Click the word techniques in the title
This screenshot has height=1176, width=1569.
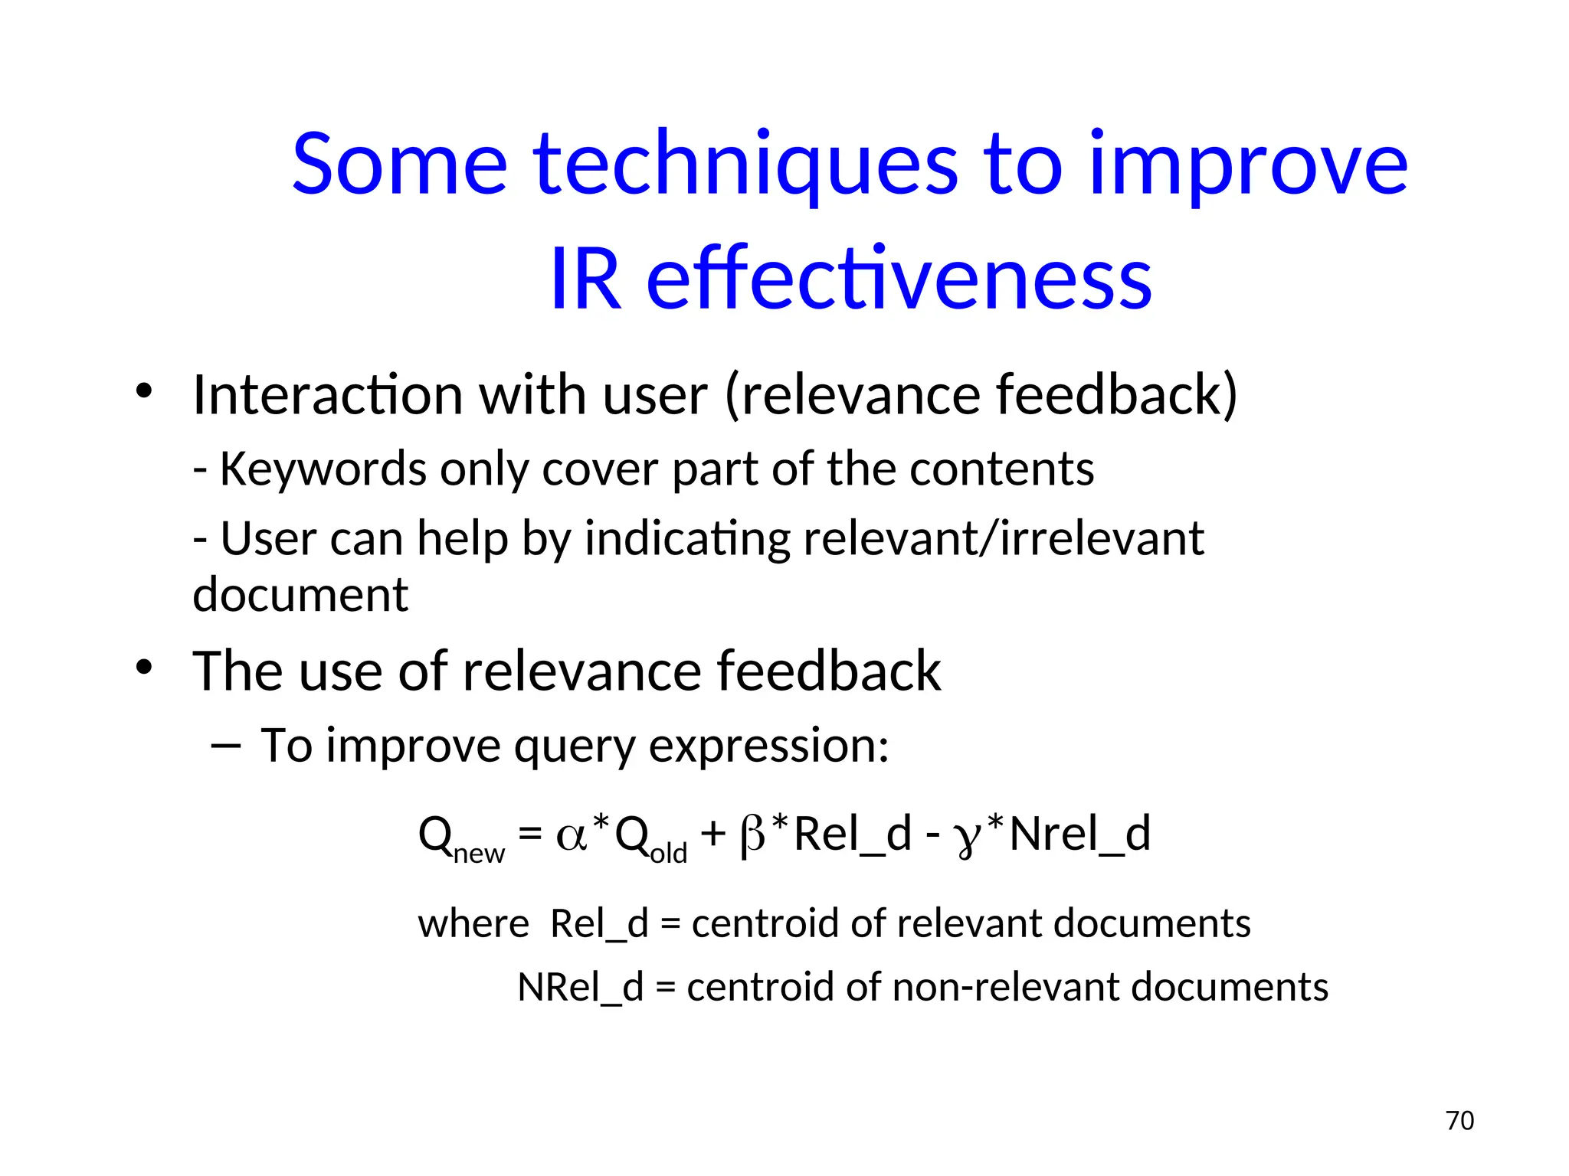[745, 165]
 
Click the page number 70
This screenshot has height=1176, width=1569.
[1459, 1120]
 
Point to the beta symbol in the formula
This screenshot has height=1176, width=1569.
[753, 835]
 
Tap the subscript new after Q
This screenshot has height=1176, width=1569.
[479, 853]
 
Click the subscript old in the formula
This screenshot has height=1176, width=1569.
[668, 853]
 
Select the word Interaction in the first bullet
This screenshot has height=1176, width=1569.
[327, 395]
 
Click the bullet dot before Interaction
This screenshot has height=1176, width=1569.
[144, 392]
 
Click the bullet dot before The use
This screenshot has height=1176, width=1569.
[144, 668]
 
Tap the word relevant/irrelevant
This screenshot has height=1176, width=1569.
[1003, 538]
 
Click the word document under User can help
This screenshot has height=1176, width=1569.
[300, 595]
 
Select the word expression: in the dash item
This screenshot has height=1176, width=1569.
[768, 746]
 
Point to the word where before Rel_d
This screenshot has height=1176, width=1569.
[473, 924]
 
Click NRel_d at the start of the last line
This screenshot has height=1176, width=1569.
[580, 988]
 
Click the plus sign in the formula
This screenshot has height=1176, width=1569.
[712, 834]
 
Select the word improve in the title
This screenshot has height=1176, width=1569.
[1247, 165]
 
